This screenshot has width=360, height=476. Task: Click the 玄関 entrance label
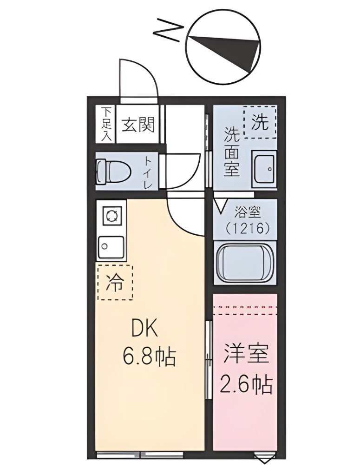(138, 125)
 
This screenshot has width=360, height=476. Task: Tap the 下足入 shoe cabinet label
(107, 124)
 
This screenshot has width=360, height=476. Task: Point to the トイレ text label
(148, 172)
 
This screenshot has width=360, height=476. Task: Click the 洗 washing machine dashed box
(260, 122)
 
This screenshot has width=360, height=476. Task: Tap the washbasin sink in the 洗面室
(264, 170)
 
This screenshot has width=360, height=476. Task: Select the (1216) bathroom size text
(247, 228)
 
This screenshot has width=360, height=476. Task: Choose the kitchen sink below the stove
(111, 246)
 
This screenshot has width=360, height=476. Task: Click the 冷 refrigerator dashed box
(115, 282)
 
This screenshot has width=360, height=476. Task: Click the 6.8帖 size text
(149, 357)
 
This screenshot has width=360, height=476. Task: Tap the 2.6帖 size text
(246, 383)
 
